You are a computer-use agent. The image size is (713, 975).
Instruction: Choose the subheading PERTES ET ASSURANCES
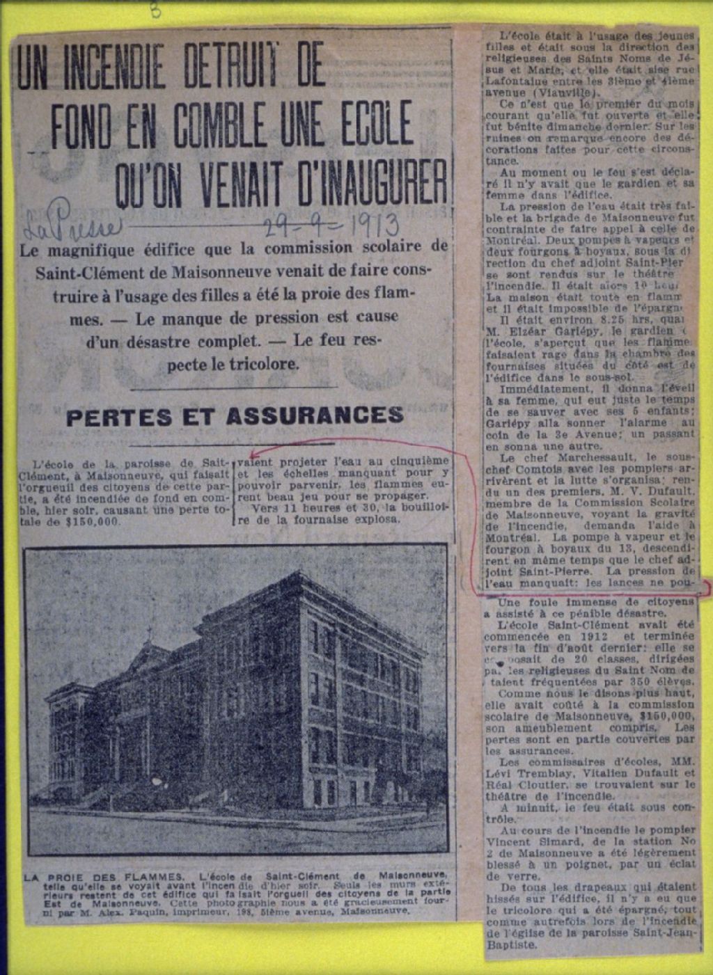pos(234,416)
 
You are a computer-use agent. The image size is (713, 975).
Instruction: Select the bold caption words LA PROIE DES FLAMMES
pos(104,877)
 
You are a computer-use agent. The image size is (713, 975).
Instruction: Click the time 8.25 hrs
pos(572,319)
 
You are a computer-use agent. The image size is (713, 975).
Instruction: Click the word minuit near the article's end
pos(536,807)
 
